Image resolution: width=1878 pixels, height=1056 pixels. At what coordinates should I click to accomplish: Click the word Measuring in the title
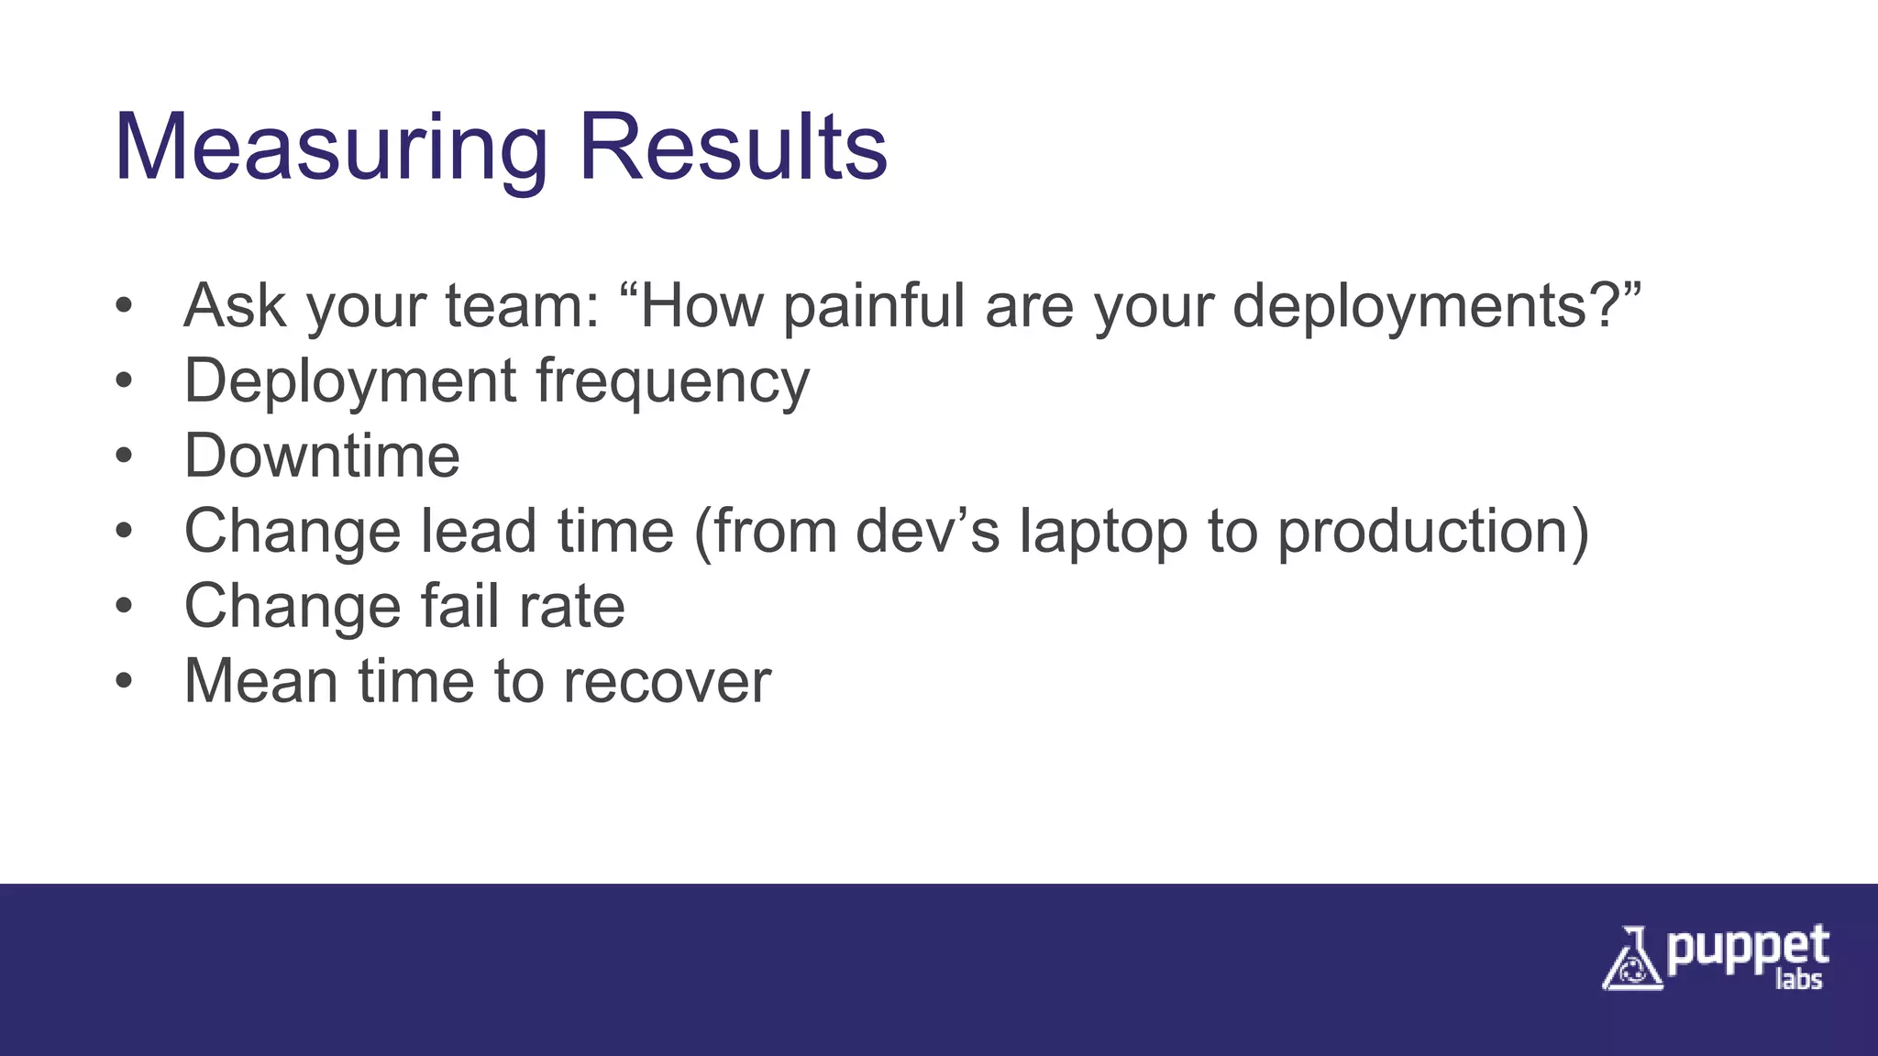click(330, 148)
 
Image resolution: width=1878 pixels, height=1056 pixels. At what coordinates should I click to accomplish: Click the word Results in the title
click(733, 148)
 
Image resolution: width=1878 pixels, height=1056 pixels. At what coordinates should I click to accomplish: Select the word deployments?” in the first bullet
click(1436, 306)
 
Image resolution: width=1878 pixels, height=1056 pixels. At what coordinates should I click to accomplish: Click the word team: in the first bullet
click(523, 306)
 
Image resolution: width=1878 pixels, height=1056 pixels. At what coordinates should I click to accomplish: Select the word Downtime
click(322, 456)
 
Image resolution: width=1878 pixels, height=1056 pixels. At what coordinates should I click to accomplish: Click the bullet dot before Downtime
click(125, 456)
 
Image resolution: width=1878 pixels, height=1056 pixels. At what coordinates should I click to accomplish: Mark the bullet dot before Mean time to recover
click(125, 682)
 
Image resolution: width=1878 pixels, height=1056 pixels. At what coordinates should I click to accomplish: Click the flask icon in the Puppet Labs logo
click(1631, 960)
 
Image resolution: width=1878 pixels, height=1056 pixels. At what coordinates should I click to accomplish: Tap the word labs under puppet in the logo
click(1798, 980)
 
